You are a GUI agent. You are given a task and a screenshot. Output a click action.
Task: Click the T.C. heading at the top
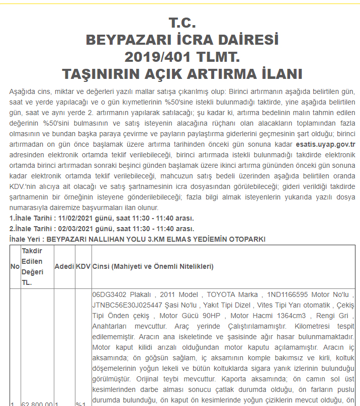(182, 23)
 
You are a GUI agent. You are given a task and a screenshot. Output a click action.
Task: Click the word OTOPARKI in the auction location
(246, 239)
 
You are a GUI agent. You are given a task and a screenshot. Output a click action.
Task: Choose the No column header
(15, 266)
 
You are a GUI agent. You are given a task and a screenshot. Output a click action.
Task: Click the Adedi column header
(64, 266)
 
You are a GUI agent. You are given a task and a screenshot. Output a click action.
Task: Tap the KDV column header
(82, 266)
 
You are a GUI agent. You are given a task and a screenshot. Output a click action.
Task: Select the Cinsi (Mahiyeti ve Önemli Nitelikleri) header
(153, 266)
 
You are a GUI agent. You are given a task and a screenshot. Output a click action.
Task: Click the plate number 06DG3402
(110, 294)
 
